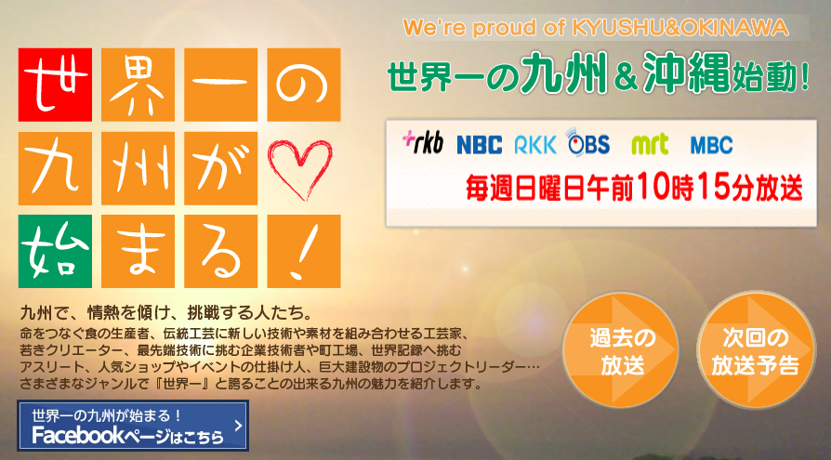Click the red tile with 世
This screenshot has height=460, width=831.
[55, 85]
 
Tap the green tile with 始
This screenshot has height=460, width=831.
[55, 251]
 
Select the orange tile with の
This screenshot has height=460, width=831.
[304, 85]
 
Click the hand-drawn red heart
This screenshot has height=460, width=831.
[300, 168]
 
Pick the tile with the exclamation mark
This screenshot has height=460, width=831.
[304, 251]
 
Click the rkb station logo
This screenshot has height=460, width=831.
[423, 142]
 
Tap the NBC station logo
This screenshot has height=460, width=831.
[479, 145]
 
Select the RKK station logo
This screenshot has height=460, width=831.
[535, 145]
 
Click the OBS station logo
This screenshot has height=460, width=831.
[587, 142]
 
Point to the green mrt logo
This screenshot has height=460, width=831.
[651, 144]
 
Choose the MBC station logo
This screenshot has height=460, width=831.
[712, 145]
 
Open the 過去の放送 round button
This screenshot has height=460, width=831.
[621, 349]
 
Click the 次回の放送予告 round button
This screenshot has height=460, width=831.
[756, 349]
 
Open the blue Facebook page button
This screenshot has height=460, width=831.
[133, 426]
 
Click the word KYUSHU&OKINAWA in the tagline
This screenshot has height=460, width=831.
[680, 28]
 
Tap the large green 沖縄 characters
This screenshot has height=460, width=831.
[687, 73]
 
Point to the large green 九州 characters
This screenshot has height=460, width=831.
[564, 73]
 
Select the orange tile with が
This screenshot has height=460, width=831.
[221, 168]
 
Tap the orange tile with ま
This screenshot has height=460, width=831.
[138, 251]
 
